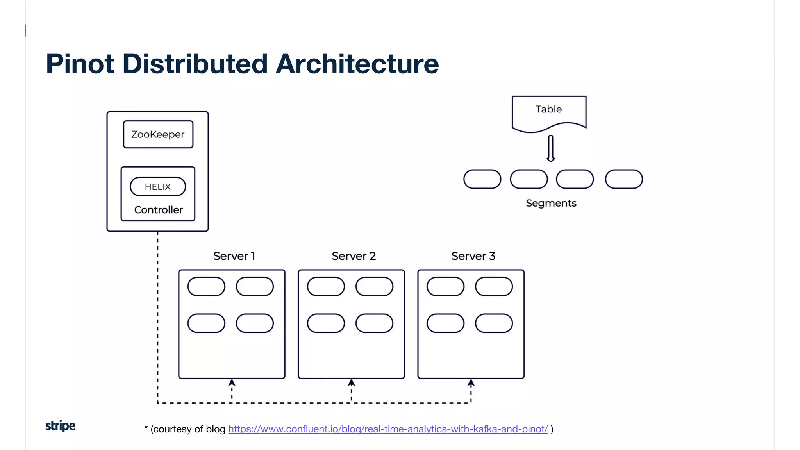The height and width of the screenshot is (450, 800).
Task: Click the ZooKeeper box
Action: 158,134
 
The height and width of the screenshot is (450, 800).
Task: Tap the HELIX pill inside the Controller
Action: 158,187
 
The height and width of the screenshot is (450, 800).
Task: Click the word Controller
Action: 158,210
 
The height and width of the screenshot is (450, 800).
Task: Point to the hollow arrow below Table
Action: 550,148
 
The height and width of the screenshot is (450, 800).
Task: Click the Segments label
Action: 551,203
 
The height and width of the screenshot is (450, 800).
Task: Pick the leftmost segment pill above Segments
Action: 482,179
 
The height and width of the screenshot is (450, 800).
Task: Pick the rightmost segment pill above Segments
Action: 623,179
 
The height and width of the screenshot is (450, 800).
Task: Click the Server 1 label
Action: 234,256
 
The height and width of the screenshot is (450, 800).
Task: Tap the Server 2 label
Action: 354,256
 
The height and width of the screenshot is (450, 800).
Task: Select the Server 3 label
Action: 473,256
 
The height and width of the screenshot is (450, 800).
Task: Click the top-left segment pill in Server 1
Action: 206,287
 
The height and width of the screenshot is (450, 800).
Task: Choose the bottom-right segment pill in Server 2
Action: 374,323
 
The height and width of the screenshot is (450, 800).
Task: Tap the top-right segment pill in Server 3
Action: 494,287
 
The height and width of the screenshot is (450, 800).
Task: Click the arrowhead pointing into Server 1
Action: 232,382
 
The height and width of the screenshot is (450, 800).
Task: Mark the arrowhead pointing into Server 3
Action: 471,382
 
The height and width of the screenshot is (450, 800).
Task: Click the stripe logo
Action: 60,426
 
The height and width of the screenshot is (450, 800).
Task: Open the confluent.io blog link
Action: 388,429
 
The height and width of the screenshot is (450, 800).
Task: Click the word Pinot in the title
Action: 80,64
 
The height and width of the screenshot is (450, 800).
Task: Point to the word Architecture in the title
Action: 357,64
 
